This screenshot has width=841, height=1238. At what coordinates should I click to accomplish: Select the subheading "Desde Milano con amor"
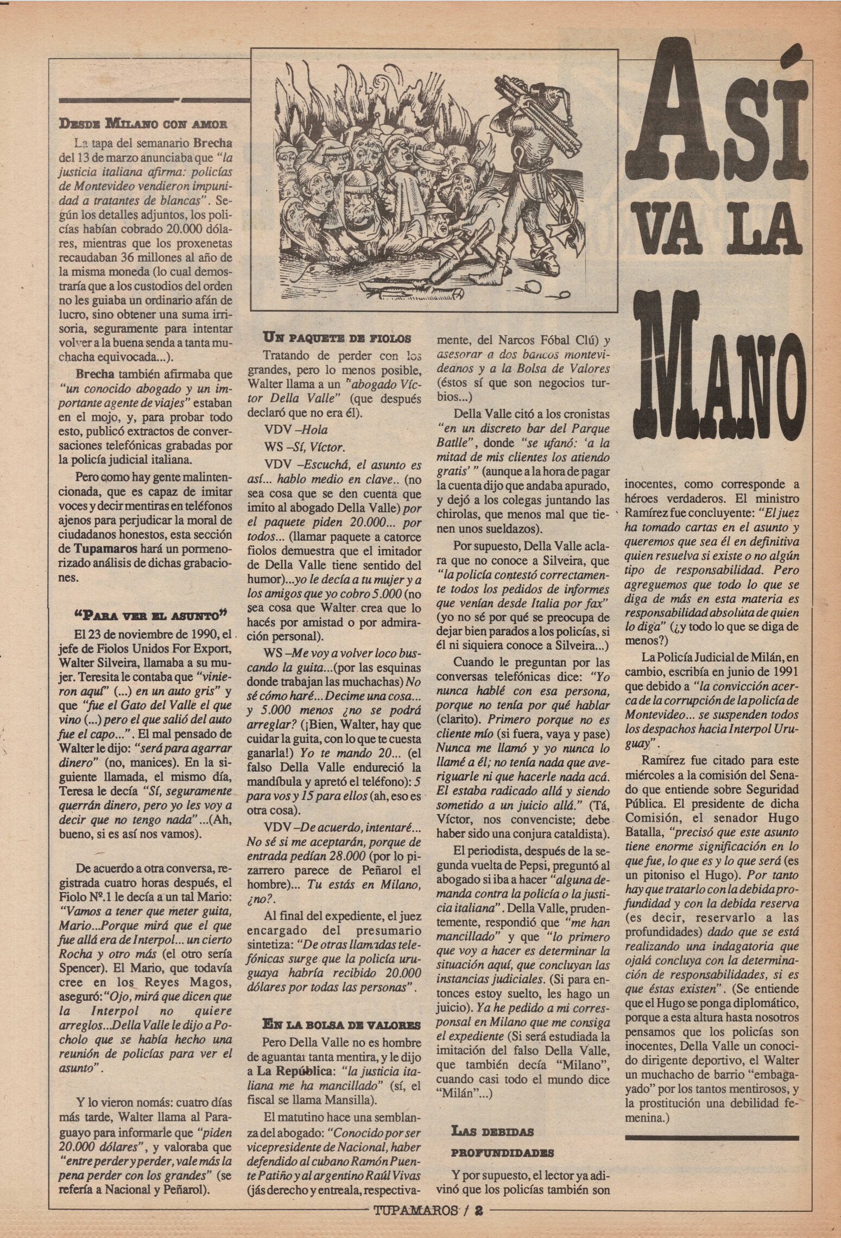[143, 123]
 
